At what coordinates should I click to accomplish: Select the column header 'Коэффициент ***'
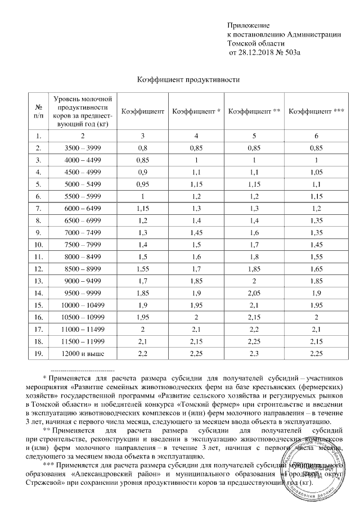(x=316, y=112)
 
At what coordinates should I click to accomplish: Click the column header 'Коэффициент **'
(x=254, y=112)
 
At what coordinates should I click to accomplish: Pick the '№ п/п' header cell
(x=38, y=112)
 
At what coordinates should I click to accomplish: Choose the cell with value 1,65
(x=316, y=268)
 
